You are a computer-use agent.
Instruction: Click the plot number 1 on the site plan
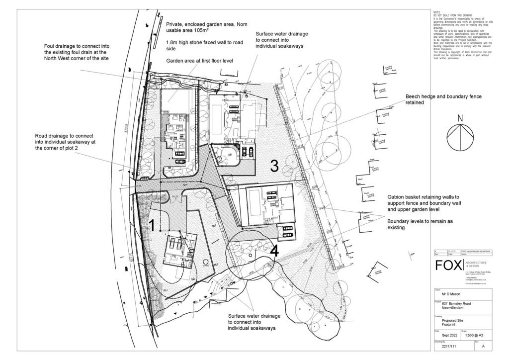153,225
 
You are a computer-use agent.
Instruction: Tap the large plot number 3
274,166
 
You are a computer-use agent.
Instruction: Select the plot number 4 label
274,251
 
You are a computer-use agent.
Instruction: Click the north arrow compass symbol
460,137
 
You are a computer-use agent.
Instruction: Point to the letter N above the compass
460,118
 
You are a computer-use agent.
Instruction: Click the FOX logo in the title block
449,266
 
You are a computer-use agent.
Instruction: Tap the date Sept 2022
445,336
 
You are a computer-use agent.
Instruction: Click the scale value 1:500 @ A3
476,336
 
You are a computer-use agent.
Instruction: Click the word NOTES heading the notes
436,12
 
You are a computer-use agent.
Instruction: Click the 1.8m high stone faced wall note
204,46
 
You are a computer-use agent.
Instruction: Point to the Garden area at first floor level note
200,61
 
